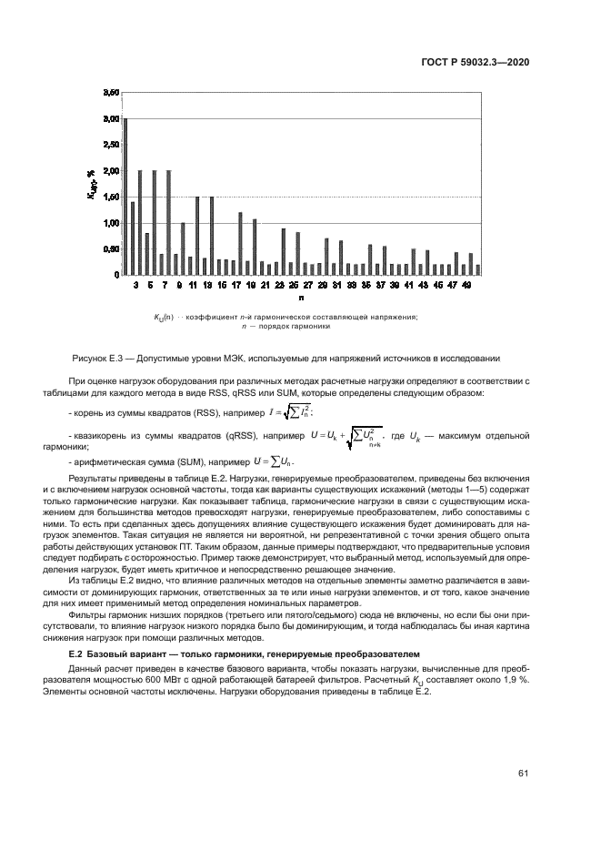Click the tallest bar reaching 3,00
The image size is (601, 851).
125,196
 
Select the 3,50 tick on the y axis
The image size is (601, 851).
110,93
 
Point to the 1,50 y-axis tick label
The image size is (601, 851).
110,197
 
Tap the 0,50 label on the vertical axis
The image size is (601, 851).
110,248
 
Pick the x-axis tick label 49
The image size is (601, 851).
467,285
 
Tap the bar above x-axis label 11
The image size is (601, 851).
197,235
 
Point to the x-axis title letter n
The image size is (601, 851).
301,298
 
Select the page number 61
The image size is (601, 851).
524,774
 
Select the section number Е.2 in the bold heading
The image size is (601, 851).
77,654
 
